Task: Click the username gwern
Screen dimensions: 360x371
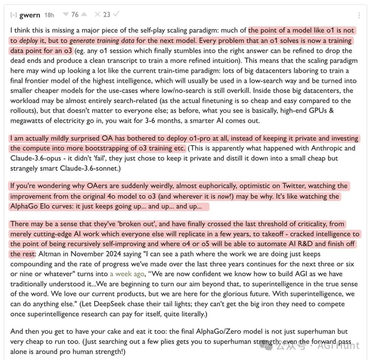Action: tap(30, 15)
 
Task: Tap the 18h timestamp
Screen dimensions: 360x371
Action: tap(49, 15)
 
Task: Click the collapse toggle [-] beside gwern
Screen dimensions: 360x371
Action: tap(14, 15)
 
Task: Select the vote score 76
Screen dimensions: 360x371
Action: tap(75, 14)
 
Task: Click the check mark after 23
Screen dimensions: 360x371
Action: tap(116, 14)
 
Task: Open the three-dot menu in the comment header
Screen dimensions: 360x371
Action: tap(359, 15)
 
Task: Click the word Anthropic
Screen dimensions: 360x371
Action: tap(332, 148)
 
